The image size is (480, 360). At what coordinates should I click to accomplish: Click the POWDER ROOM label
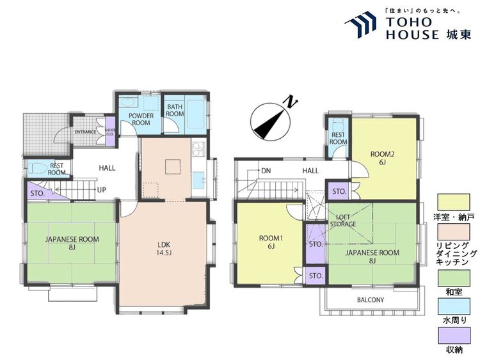[141, 120]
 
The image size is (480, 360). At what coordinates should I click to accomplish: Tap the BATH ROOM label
[175, 110]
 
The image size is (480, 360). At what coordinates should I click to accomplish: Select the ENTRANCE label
[85, 132]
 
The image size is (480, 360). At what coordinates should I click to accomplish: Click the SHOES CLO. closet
[110, 132]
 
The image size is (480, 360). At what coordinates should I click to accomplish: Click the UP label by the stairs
[101, 190]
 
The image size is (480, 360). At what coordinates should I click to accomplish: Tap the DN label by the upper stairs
[266, 171]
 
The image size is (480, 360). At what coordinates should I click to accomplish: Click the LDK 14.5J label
[164, 248]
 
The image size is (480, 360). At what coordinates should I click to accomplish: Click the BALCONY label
[371, 300]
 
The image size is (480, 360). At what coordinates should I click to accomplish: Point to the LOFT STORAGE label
[343, 221]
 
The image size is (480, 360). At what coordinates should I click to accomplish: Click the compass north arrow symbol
[270, 121]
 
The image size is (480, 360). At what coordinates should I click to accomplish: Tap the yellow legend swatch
[453, 202]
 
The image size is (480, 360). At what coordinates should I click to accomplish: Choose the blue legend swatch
[453, 306]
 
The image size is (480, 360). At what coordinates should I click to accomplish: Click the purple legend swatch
[453, 335]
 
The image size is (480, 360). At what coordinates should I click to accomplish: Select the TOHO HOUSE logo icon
[360, 25]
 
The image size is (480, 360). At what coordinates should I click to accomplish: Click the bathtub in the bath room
[196, 114]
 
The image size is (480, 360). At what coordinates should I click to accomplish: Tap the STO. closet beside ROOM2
[339, 191]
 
